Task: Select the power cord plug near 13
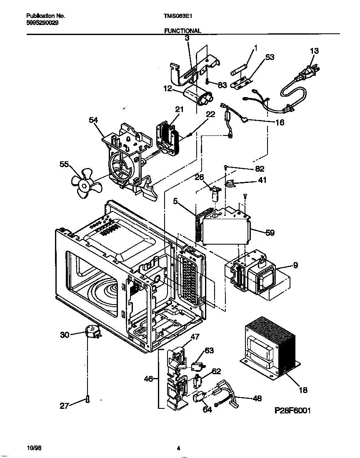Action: [x=309, y=74]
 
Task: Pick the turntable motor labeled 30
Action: [x=93, y=332]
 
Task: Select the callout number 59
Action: [x=270, y=233]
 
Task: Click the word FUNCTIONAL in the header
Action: [x=182, y=30]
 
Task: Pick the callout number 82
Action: [x=260, y=169]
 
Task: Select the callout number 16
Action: [x=280, y=123]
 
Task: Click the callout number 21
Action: [x=179, y=109]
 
